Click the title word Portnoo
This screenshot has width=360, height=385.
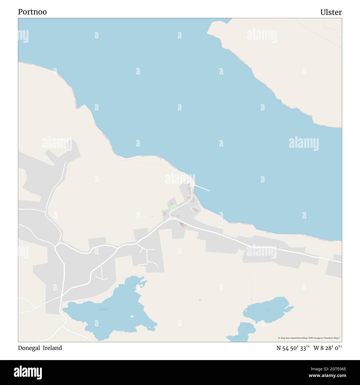point(32,12)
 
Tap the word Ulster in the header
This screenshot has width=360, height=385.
point(331,12)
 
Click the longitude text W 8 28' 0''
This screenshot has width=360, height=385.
point(328,348)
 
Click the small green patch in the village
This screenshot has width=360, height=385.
point(173,208)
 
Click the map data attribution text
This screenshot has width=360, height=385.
point(309,338)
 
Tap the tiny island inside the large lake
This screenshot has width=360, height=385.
point(132,316)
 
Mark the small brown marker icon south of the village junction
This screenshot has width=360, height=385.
point(182,224)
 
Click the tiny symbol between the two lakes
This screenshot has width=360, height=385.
point(200,299)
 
